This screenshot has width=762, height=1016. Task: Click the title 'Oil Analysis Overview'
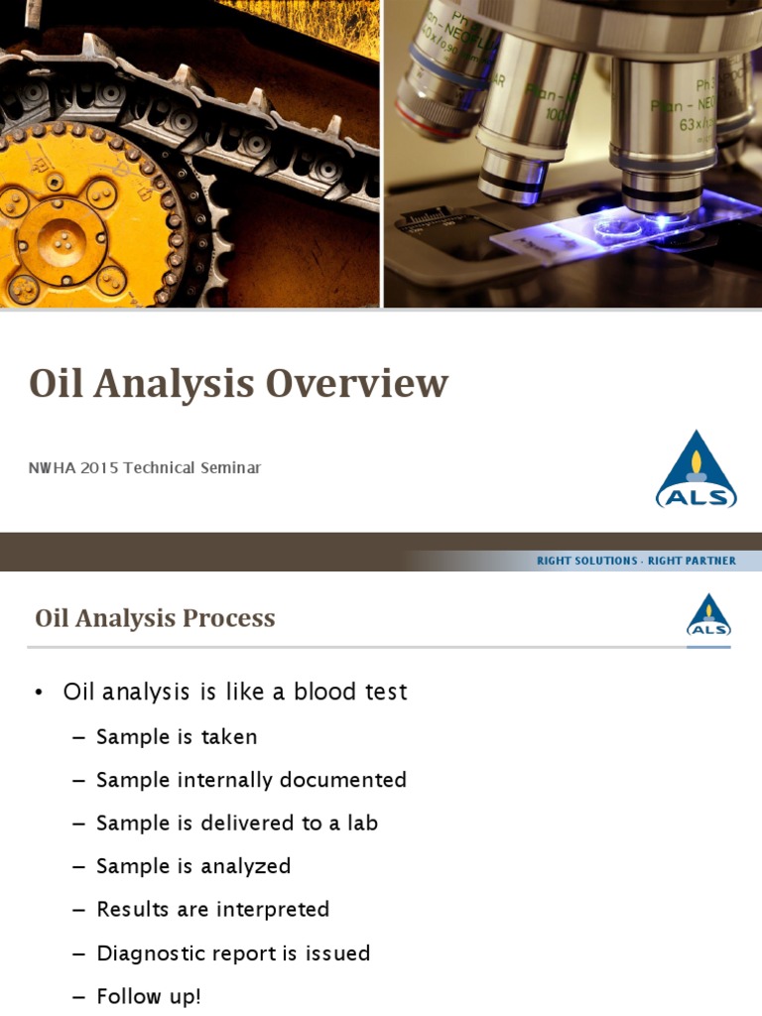(x=238, y=384)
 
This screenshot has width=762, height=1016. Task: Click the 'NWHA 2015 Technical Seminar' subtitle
(x=145, y=467)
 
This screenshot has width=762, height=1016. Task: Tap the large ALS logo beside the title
(x=696, y=470)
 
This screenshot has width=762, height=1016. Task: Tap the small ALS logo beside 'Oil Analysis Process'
(x=708, y=616)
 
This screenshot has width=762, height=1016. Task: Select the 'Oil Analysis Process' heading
(x=155, y=618)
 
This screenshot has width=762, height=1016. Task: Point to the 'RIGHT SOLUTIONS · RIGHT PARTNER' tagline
(x=636, y=561)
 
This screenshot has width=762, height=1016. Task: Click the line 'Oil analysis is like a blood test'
(x=235, y=692)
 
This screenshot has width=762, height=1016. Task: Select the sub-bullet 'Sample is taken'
(x=177, y=736)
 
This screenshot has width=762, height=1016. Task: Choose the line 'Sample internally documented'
(x=251, y=780)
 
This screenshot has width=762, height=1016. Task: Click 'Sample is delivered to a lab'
(x=237, y=823)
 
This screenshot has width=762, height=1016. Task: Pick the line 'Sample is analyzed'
(x=193, y=866)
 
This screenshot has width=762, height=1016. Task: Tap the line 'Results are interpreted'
(x=212, y=909)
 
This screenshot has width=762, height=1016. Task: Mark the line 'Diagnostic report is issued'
(x=233, y=952)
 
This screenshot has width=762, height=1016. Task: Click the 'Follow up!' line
(x=149, y=996)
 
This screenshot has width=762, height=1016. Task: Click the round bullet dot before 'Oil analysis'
(x=39, y=693)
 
